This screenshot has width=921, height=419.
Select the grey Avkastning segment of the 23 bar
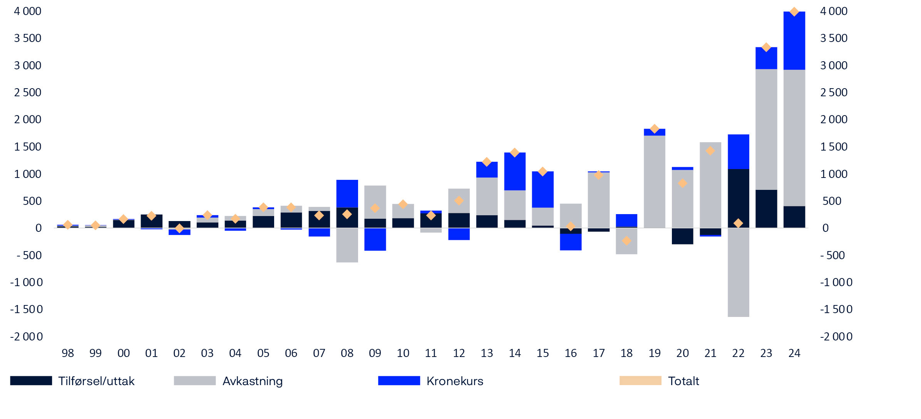click(x=766, y=129)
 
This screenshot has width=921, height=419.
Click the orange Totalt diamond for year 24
click(x=794, y=12)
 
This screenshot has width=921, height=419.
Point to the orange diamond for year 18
click(x=626, y=241)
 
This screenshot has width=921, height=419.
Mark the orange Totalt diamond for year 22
click(x=738, y=223)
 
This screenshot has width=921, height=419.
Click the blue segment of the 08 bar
click(x=347, y=193)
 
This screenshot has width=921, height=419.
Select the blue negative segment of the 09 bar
click(x=375, y=239)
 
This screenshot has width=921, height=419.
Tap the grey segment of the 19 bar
click(x=655, y=181)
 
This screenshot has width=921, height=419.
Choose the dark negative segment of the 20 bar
click(x=682, y=236)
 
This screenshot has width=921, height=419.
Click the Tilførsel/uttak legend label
click(x=96, y=381)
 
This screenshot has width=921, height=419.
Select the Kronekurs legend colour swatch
click(x=399, y=380)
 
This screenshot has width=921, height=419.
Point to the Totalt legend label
click(x=683, y=381)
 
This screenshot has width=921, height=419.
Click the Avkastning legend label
click(x=253, y=381)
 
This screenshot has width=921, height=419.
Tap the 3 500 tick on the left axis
click(x=28, y=38)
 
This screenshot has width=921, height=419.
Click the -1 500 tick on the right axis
click(x=836, y=309)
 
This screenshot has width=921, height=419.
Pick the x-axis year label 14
click(x=515, y=353)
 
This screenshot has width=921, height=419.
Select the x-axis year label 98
click(x=68, y=353)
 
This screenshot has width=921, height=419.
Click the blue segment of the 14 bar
click(x=515, y=171)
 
